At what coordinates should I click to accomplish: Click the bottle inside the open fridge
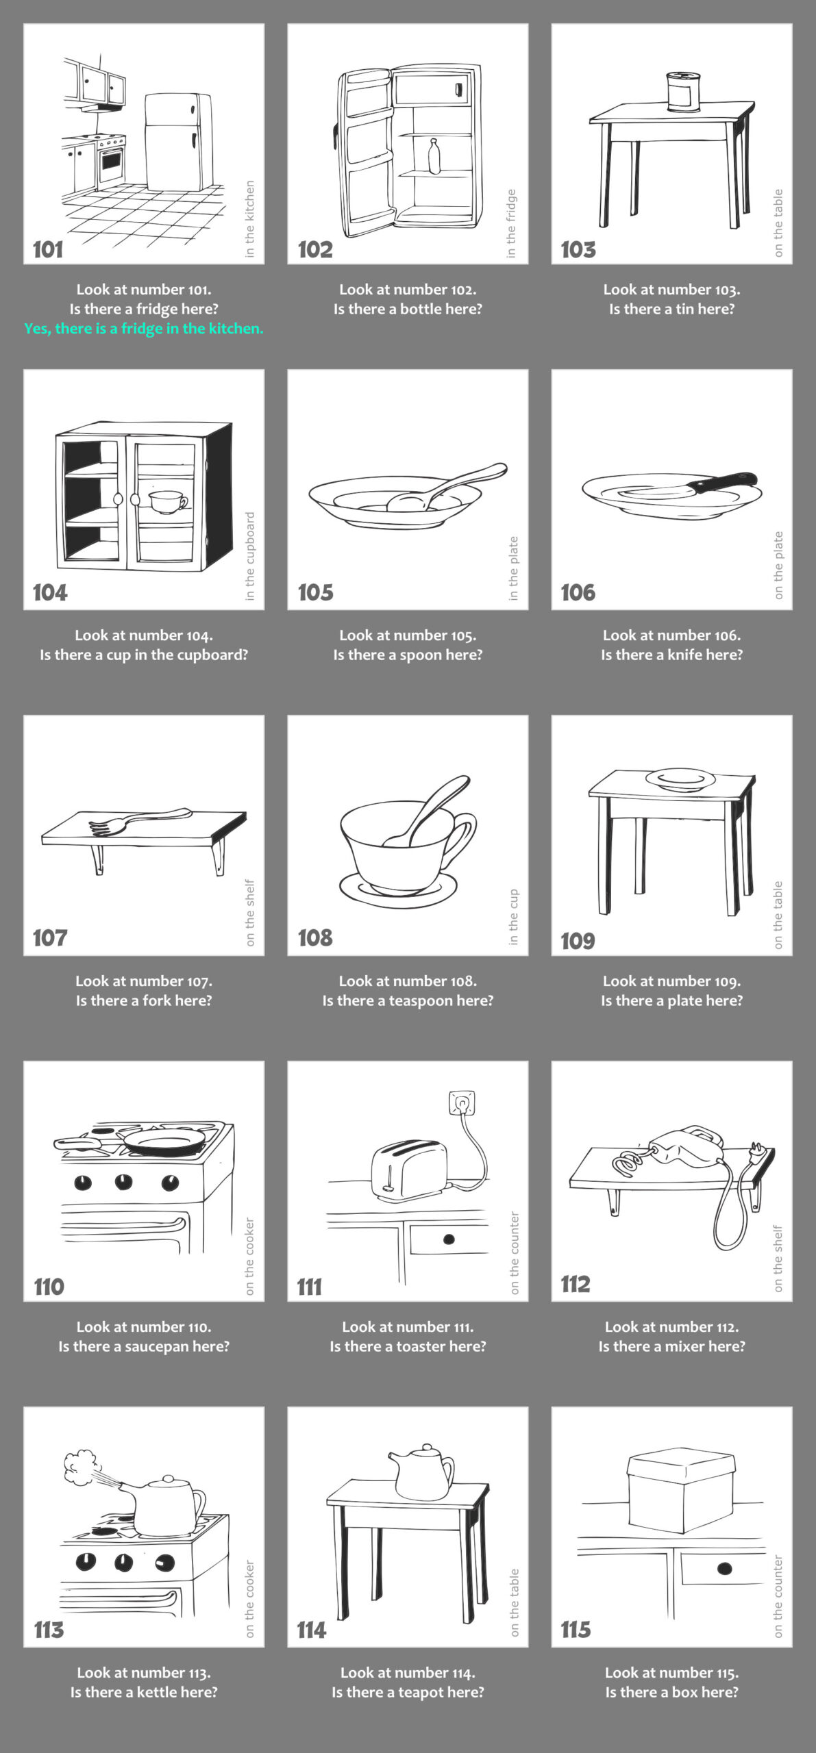434,157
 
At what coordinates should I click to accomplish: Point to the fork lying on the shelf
140,821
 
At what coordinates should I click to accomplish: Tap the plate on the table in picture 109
680,779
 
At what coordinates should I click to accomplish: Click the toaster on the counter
408,1170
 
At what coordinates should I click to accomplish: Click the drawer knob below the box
724,1569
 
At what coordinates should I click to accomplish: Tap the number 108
315,937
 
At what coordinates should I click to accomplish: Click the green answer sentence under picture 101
144,329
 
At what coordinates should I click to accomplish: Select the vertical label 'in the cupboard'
250,556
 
